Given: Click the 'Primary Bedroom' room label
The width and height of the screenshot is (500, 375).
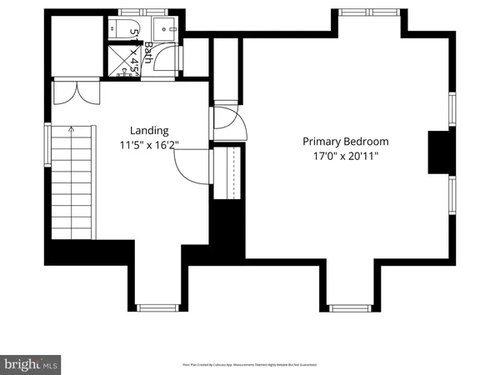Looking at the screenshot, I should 345,142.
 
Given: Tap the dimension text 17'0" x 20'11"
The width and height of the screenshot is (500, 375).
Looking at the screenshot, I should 345,155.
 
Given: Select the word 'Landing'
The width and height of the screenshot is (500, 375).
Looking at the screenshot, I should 149,131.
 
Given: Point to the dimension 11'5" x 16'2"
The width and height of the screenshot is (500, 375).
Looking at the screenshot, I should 149,143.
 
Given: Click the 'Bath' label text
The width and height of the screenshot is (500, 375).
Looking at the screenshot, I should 148,54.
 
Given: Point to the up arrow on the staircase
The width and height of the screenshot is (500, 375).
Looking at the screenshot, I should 72,133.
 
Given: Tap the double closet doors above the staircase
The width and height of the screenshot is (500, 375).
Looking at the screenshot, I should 70,92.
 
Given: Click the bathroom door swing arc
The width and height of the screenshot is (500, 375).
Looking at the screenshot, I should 170,56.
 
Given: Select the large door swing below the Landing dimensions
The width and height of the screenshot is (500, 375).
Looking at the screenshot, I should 188,167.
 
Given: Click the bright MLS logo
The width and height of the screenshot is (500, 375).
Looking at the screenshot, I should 31,363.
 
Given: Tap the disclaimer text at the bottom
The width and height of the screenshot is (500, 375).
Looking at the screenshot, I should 249,365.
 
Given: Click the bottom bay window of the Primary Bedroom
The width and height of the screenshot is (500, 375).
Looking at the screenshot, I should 350,307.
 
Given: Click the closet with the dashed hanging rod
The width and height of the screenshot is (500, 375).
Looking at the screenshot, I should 228,172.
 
